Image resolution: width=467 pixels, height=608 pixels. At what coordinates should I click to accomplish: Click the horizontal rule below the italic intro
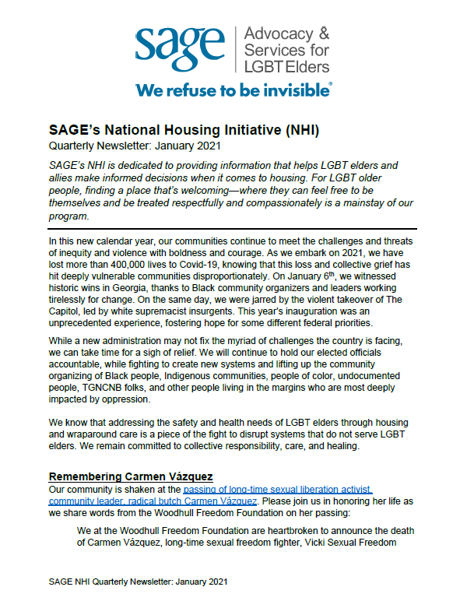pos(232,229)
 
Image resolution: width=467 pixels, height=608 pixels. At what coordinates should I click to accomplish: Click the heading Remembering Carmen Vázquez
pos(125,476)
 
